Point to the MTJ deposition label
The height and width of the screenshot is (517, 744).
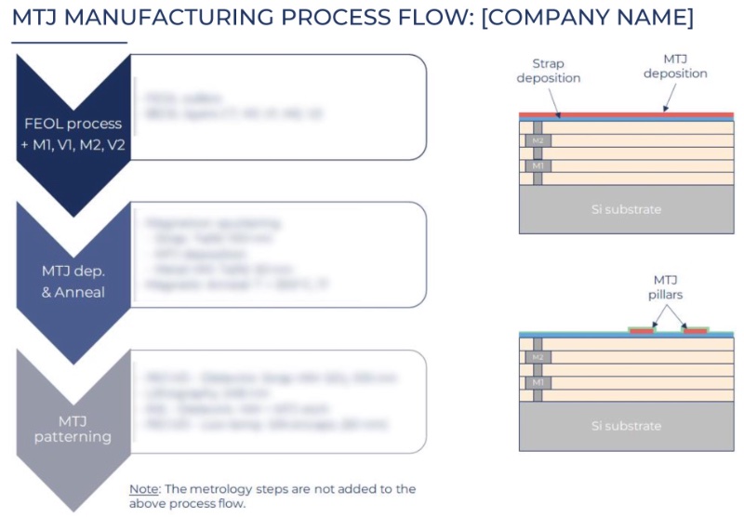[676, 66]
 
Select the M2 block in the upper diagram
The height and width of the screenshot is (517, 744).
[538, 140]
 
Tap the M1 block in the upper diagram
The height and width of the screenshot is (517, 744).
[538, 166]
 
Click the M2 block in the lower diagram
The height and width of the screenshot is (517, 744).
[538, 357]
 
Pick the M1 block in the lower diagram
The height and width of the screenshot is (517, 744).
[538, 382]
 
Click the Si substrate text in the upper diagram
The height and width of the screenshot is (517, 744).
[626, 209]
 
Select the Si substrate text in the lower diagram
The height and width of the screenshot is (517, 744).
[626, 426]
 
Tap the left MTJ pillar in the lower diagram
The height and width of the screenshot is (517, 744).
[642, 330]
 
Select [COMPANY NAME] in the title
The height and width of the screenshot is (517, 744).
[588, 17]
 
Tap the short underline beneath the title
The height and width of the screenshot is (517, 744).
[69, 42]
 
